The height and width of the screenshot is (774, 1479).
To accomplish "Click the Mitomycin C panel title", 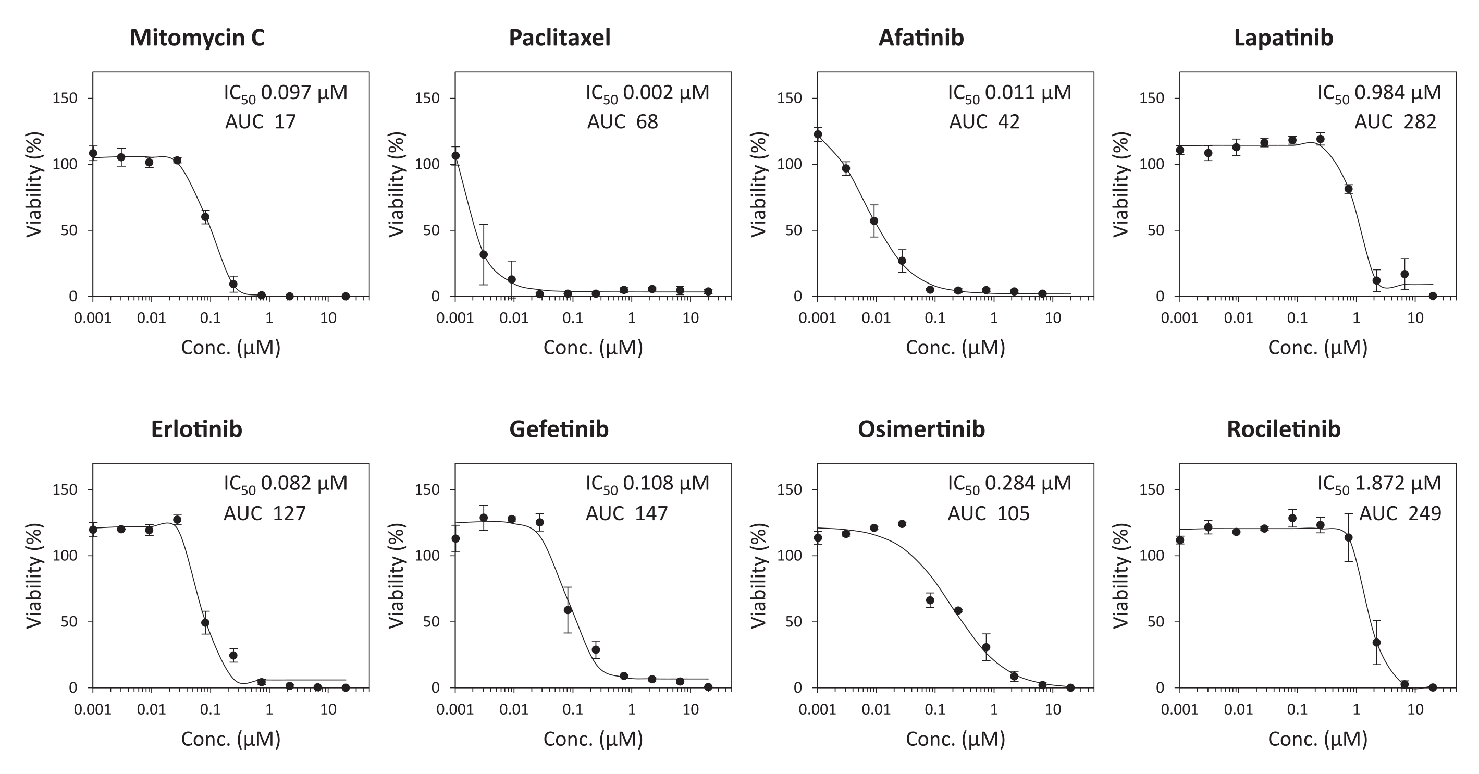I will click(x=197, y=38).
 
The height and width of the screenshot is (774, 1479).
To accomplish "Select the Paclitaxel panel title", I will click(x=559, y=38).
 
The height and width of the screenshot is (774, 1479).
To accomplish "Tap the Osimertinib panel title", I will click(x=921, y=429).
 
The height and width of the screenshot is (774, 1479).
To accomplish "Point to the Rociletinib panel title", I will click(x=1283, y=429).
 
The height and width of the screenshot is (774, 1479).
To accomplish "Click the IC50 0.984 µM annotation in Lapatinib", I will click(x=1378, y=93).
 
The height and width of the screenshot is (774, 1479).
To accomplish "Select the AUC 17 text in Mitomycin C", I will click(x=260, y=122).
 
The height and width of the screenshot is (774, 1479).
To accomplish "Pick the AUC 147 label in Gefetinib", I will click(x=626, y=513).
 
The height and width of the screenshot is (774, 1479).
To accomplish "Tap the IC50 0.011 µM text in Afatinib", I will click(x=1009, y=93).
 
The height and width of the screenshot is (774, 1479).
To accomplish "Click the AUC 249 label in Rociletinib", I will click(x=1400, y=513).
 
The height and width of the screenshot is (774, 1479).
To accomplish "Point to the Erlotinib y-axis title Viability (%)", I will click(x=34, y=575).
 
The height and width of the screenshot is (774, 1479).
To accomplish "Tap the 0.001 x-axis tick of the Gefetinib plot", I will click(x=455, y=710).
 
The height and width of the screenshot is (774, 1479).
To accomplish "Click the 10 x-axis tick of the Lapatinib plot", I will click(x=1415, y=318).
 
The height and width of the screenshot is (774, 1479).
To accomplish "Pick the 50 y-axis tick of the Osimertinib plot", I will click(x=795, y=622).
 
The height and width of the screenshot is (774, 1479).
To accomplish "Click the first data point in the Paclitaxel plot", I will click(x=456, y=156).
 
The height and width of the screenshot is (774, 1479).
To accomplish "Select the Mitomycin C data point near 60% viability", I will click(x=205, y=217).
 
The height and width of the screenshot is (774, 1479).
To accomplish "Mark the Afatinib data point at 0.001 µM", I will click(x=818, y=134).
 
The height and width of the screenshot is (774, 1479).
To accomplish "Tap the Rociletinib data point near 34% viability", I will click(x=1376, y=643).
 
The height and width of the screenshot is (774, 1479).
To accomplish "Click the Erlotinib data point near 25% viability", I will click(x=233, y=655).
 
